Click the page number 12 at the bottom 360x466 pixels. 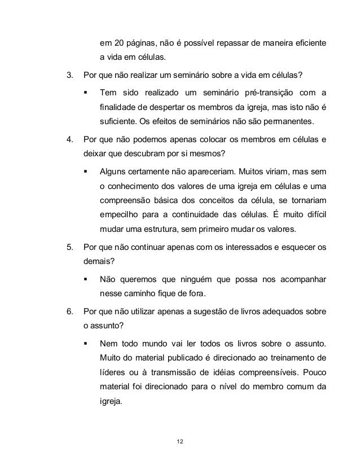tap(179, 441)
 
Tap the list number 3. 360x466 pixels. tap(69, 75)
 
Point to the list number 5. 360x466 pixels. tap(69, 247)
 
